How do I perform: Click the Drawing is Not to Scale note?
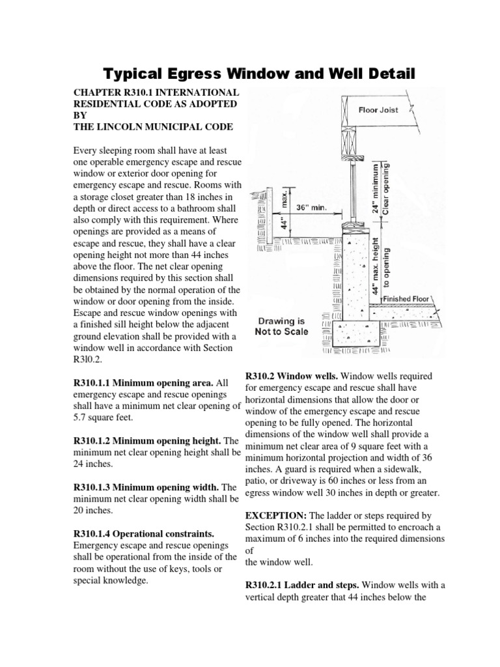282,326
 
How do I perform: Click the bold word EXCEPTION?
267,515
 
